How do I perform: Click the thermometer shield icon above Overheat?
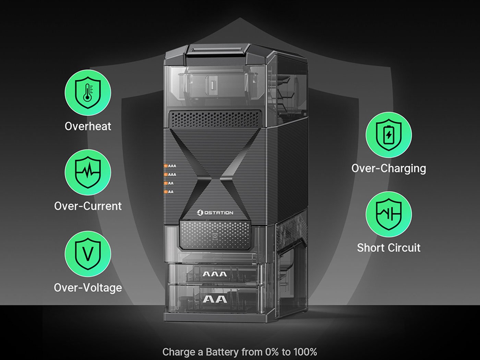click(88, 93)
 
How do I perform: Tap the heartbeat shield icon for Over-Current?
click(88, 172)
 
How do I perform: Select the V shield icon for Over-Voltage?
click(88, 254)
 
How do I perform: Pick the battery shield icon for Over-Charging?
click(388, 135)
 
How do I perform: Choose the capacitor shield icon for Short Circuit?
click(388, 214)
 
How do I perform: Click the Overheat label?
click(88, 126)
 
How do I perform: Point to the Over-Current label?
click(88, 206)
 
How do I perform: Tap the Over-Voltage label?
click(88, 288)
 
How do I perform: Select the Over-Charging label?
click(389, 169)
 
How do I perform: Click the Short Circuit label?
click(389, 248)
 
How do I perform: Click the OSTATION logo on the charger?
click(215, 213)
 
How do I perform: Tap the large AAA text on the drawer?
click(215, 274)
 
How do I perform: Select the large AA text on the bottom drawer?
click(215, 299)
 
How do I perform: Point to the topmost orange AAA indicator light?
click(166, 166)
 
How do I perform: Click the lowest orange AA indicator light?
click(166, 192)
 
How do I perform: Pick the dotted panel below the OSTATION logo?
click(215, 235)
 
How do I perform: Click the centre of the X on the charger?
click(215, 180)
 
